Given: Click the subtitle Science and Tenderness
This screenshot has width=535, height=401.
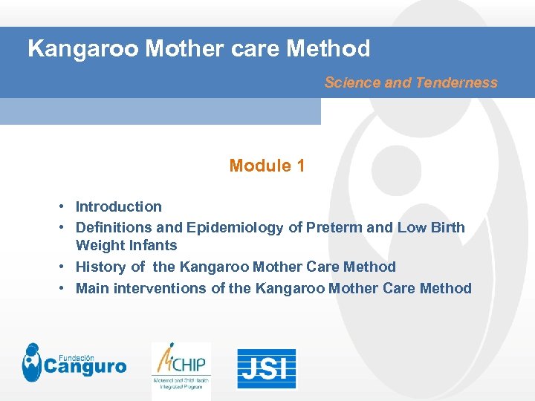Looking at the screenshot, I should point(410,83).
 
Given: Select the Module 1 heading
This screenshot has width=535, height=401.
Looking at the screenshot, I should point(267,166).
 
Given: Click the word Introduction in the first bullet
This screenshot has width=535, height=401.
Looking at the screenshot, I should point(119,206).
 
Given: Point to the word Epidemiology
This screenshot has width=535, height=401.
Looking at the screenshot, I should point(235,227).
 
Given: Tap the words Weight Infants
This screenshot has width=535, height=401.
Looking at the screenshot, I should point(126,245).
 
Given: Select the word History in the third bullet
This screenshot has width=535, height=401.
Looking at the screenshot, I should point(101,267).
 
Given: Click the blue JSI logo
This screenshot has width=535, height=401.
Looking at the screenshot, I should point(267,368).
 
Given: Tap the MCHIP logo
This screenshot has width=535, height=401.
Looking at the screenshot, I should point(181,367).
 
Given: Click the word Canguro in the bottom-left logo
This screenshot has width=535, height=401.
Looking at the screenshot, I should point(85,368).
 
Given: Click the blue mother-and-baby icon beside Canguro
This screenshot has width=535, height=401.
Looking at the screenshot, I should point(32,362).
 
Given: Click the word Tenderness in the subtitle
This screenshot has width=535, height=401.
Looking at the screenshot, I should point(455,83).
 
